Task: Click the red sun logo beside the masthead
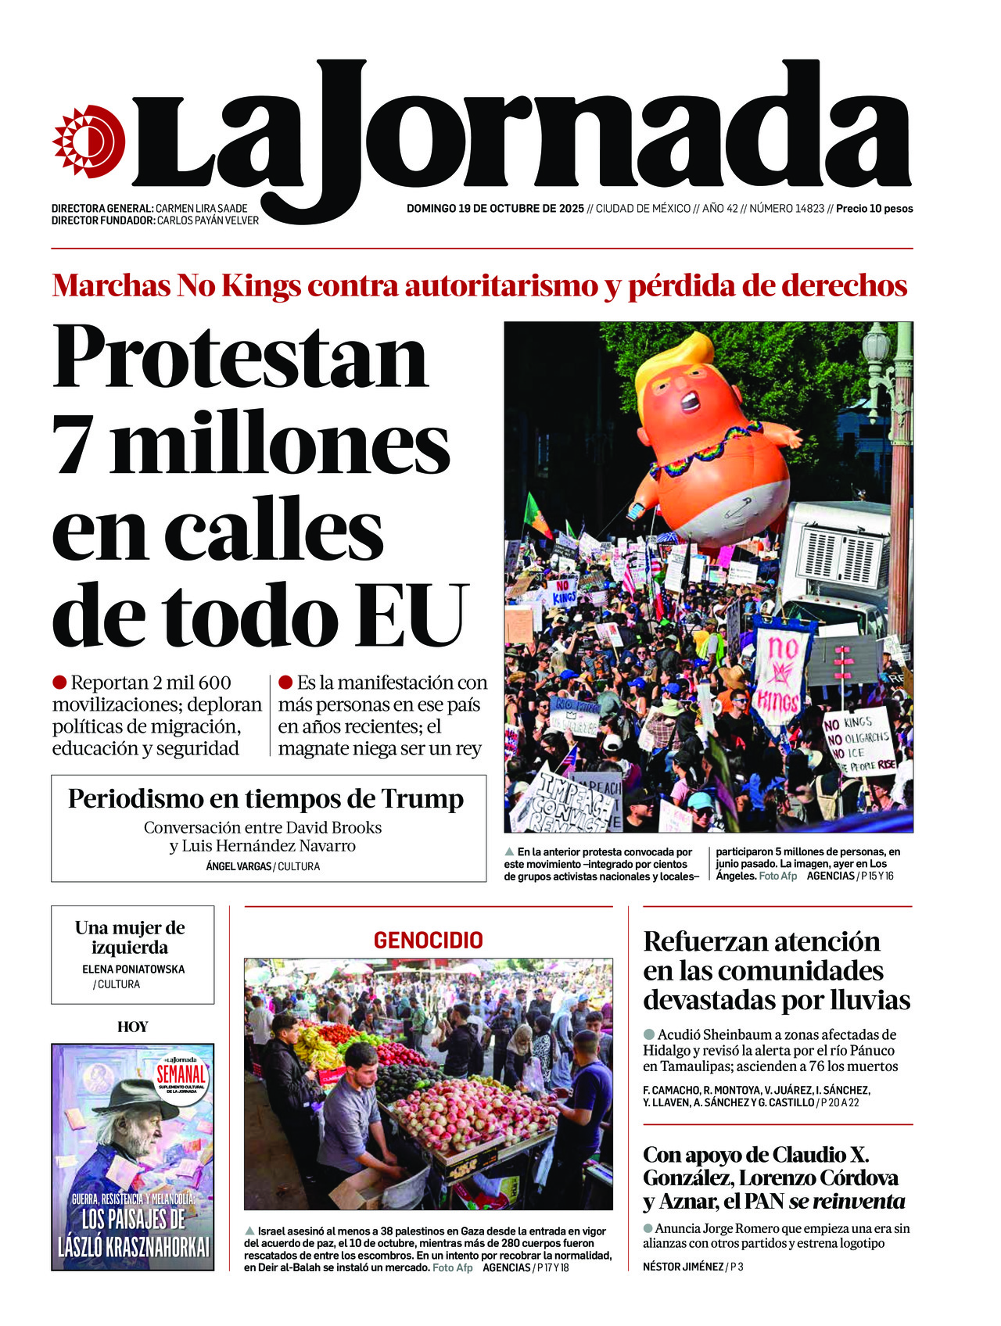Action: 88,142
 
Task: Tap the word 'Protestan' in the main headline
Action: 240,357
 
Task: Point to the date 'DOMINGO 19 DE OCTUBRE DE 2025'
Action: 495,209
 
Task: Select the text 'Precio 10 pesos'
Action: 874,209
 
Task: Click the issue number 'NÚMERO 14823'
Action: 786,209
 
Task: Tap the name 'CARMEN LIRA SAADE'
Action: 201,209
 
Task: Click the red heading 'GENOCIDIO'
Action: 428,940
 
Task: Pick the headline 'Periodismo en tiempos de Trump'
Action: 266,798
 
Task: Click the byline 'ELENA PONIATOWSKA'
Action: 133,969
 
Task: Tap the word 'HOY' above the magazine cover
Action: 132,1027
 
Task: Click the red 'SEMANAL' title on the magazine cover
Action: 181,1073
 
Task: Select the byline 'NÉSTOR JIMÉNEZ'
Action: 683,1267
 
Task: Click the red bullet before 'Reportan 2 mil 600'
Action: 59,683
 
